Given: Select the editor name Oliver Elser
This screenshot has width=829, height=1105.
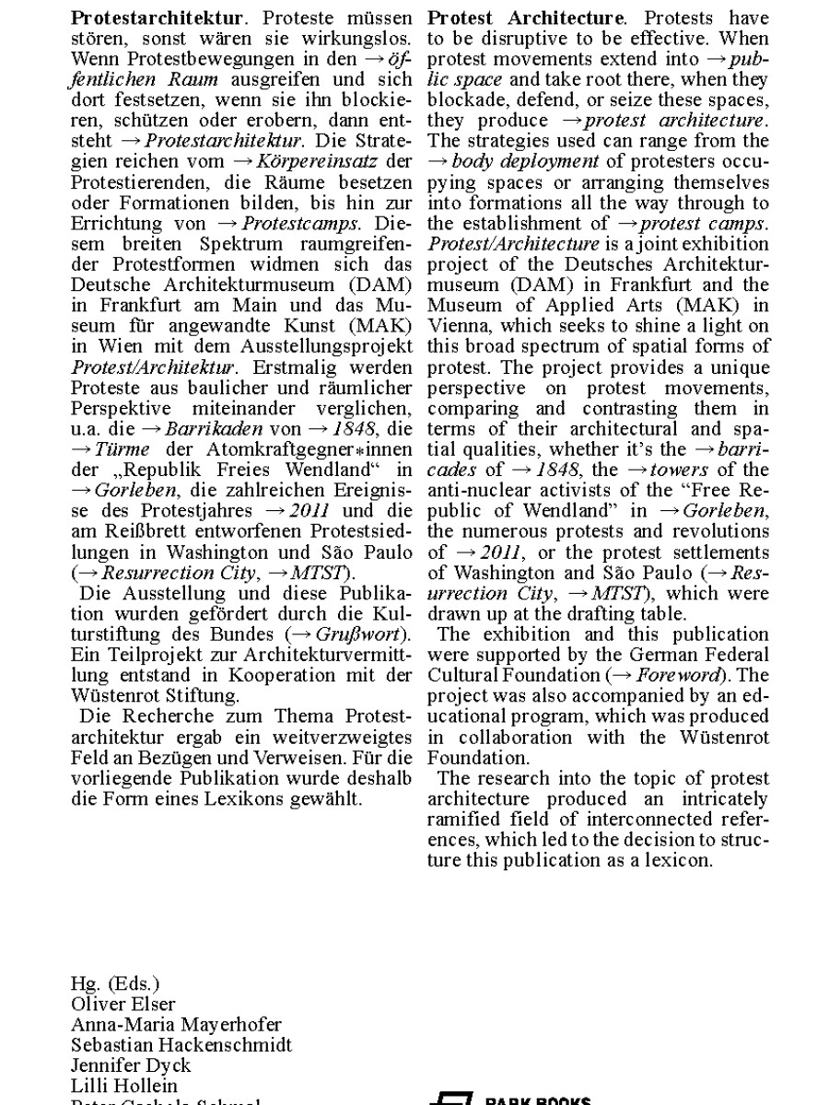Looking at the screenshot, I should tap(123, 1004).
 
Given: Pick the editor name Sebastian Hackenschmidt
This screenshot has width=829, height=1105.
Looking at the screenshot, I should tap(181, 1045).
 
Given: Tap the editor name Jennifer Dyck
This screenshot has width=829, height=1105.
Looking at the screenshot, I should tap(131, 1065).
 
